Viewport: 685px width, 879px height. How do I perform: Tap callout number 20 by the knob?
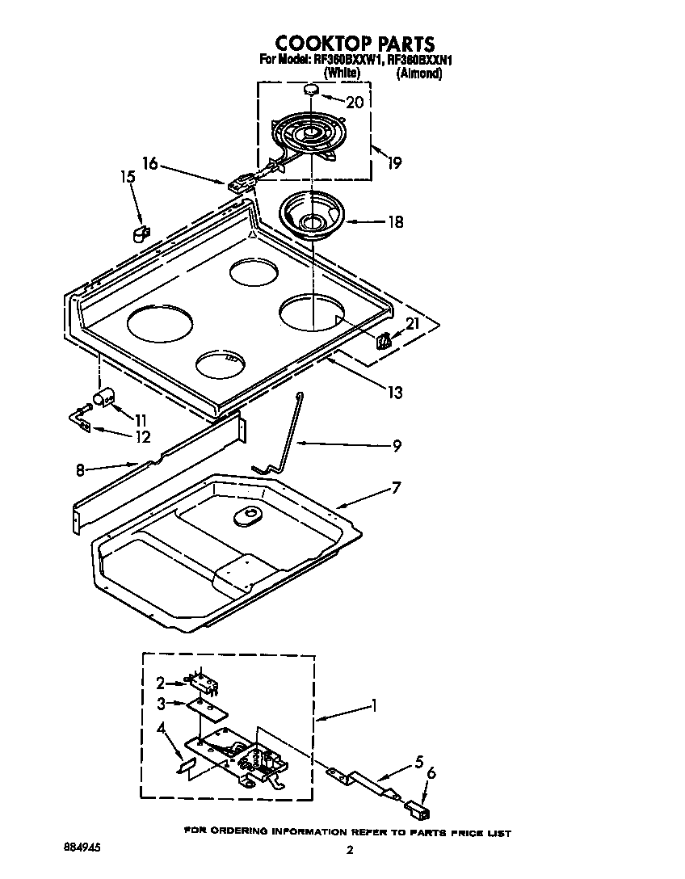[x=354, y=103]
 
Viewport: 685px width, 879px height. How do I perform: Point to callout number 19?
[x=393, y=162]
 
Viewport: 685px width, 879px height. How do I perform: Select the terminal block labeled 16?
[x=239, y=185]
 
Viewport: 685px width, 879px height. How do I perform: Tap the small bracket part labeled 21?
[x=385, y=339]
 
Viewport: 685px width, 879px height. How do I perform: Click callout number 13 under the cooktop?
[x=394, y=393]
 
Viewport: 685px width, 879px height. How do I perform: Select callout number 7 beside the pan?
[x=395, y=488]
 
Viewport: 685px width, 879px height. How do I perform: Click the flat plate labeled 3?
[x=207, y=709]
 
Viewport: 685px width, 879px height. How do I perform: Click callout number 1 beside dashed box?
[x=373, y=705]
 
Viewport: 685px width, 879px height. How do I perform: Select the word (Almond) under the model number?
[x=419, y=74]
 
